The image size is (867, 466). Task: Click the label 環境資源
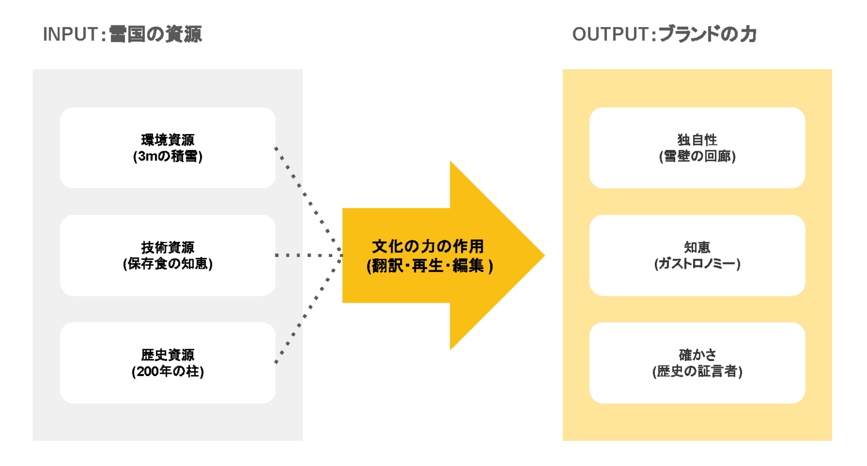[168, 140]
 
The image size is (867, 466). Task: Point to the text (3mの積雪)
[168, 156]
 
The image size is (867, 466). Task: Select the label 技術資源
[168, 248]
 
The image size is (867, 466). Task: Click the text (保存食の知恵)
[168, 264]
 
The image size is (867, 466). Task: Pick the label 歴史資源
[168, 355]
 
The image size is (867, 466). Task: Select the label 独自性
[697, 140]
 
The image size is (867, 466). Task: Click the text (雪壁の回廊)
[697, 156]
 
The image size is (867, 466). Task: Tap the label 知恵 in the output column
[697, 248]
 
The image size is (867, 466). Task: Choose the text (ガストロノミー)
[697, 264]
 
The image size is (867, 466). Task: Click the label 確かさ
[697, 355]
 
